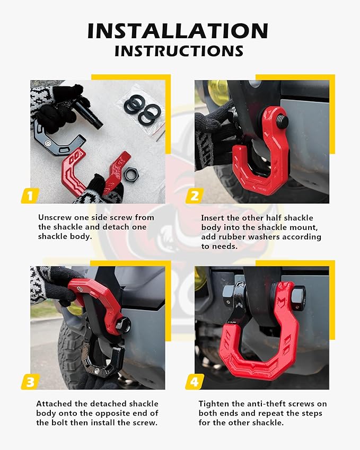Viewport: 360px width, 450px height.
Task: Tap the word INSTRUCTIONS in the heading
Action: tap(179, 51)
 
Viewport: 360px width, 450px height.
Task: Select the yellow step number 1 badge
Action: tap(30, 196)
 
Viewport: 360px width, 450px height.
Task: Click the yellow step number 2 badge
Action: tap(194, 196)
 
